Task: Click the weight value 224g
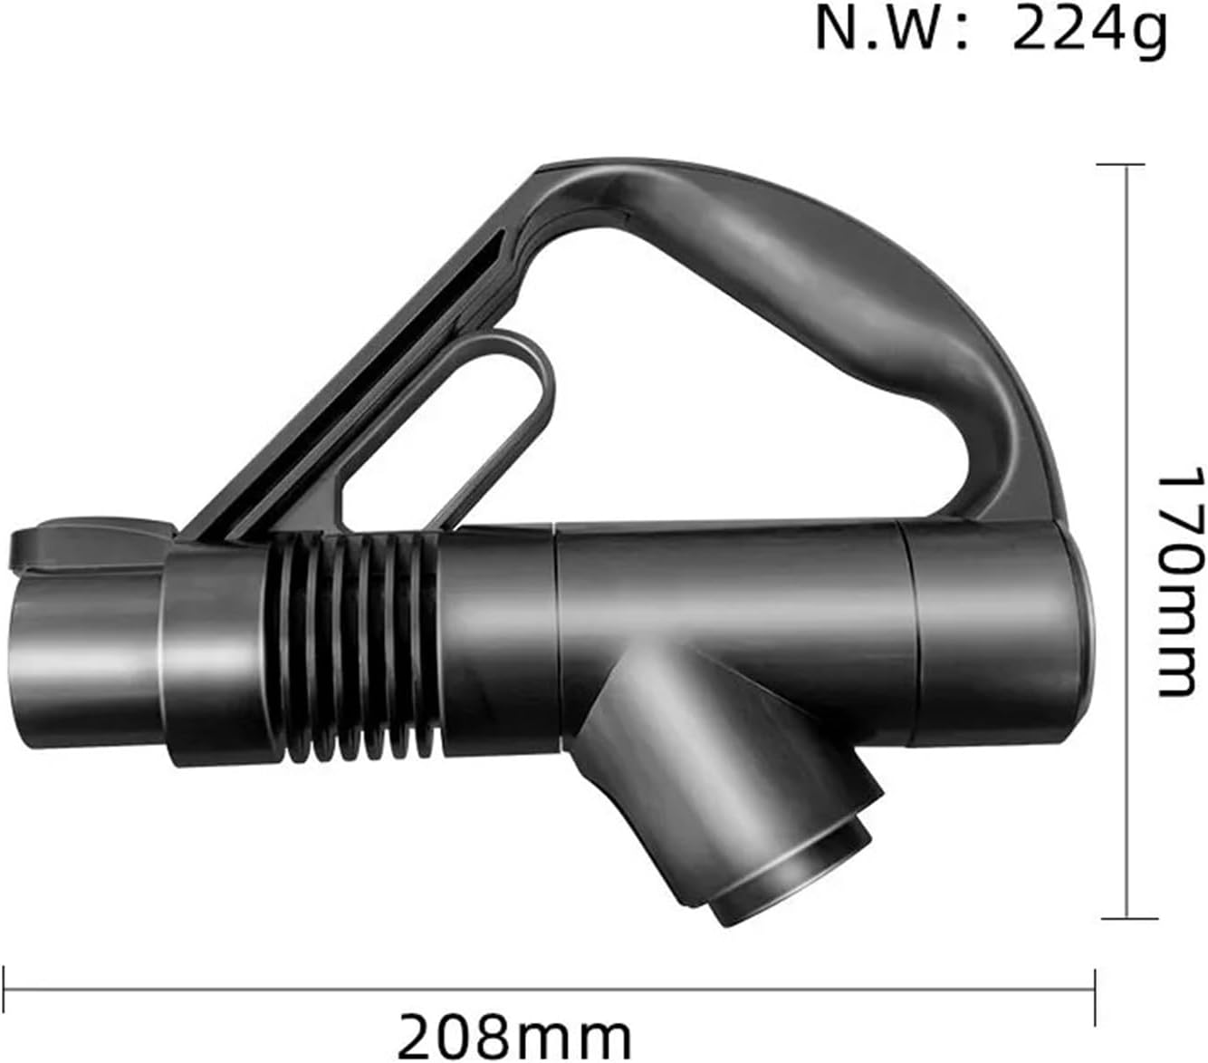[x=1089, y=31]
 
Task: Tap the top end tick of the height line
[x=1126, y=164]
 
